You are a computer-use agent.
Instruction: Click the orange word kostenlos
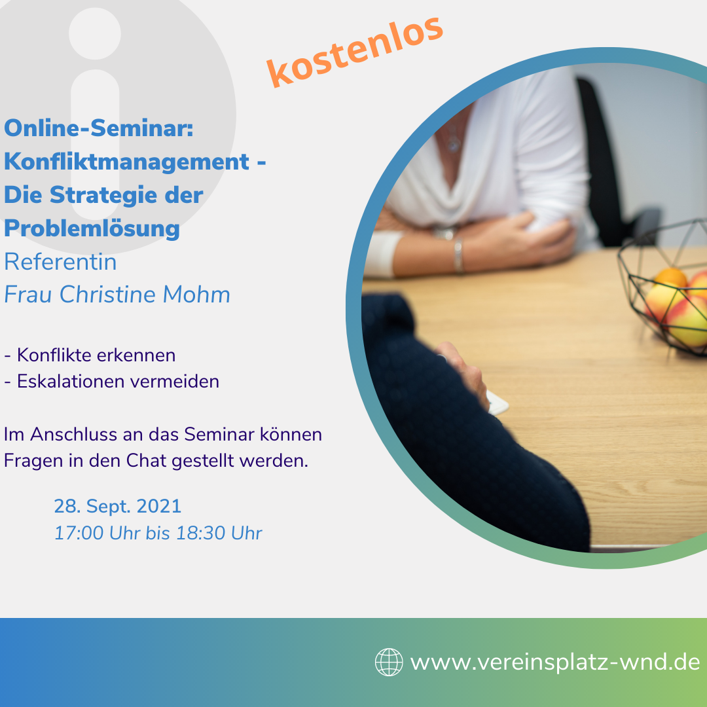355,52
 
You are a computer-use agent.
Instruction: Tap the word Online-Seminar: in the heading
99,128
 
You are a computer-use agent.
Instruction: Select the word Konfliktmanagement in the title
127,162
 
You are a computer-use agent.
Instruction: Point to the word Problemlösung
92,228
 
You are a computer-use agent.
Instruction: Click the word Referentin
60,262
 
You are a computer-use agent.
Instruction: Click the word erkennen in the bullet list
136,355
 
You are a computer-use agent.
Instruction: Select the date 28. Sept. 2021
118,506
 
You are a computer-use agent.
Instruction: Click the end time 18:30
201,533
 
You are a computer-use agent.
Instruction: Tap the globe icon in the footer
389,662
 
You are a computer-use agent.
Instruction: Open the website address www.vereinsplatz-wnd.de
555,662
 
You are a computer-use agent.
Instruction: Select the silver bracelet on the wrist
458,256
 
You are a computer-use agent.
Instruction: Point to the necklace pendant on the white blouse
453,143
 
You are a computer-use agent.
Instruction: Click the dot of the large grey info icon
95,33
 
